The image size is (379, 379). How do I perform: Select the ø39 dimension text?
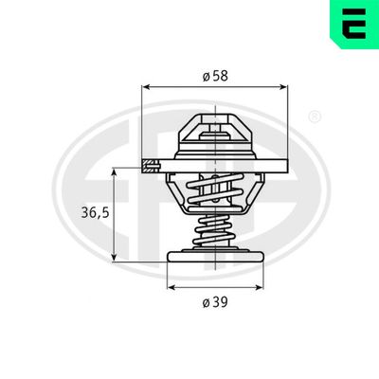(216, 303)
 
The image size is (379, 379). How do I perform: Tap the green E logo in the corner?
(353, 24)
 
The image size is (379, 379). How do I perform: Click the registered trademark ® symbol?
(316, 117)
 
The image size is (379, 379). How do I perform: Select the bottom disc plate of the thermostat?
(215, 256)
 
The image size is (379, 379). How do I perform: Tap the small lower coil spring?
(215, 233)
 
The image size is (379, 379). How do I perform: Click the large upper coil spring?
(215, 193)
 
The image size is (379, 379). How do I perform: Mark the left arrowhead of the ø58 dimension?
(146, 86)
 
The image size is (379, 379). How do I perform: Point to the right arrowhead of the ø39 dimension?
(259, 286)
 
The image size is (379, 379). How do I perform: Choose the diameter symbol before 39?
(206, 303)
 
